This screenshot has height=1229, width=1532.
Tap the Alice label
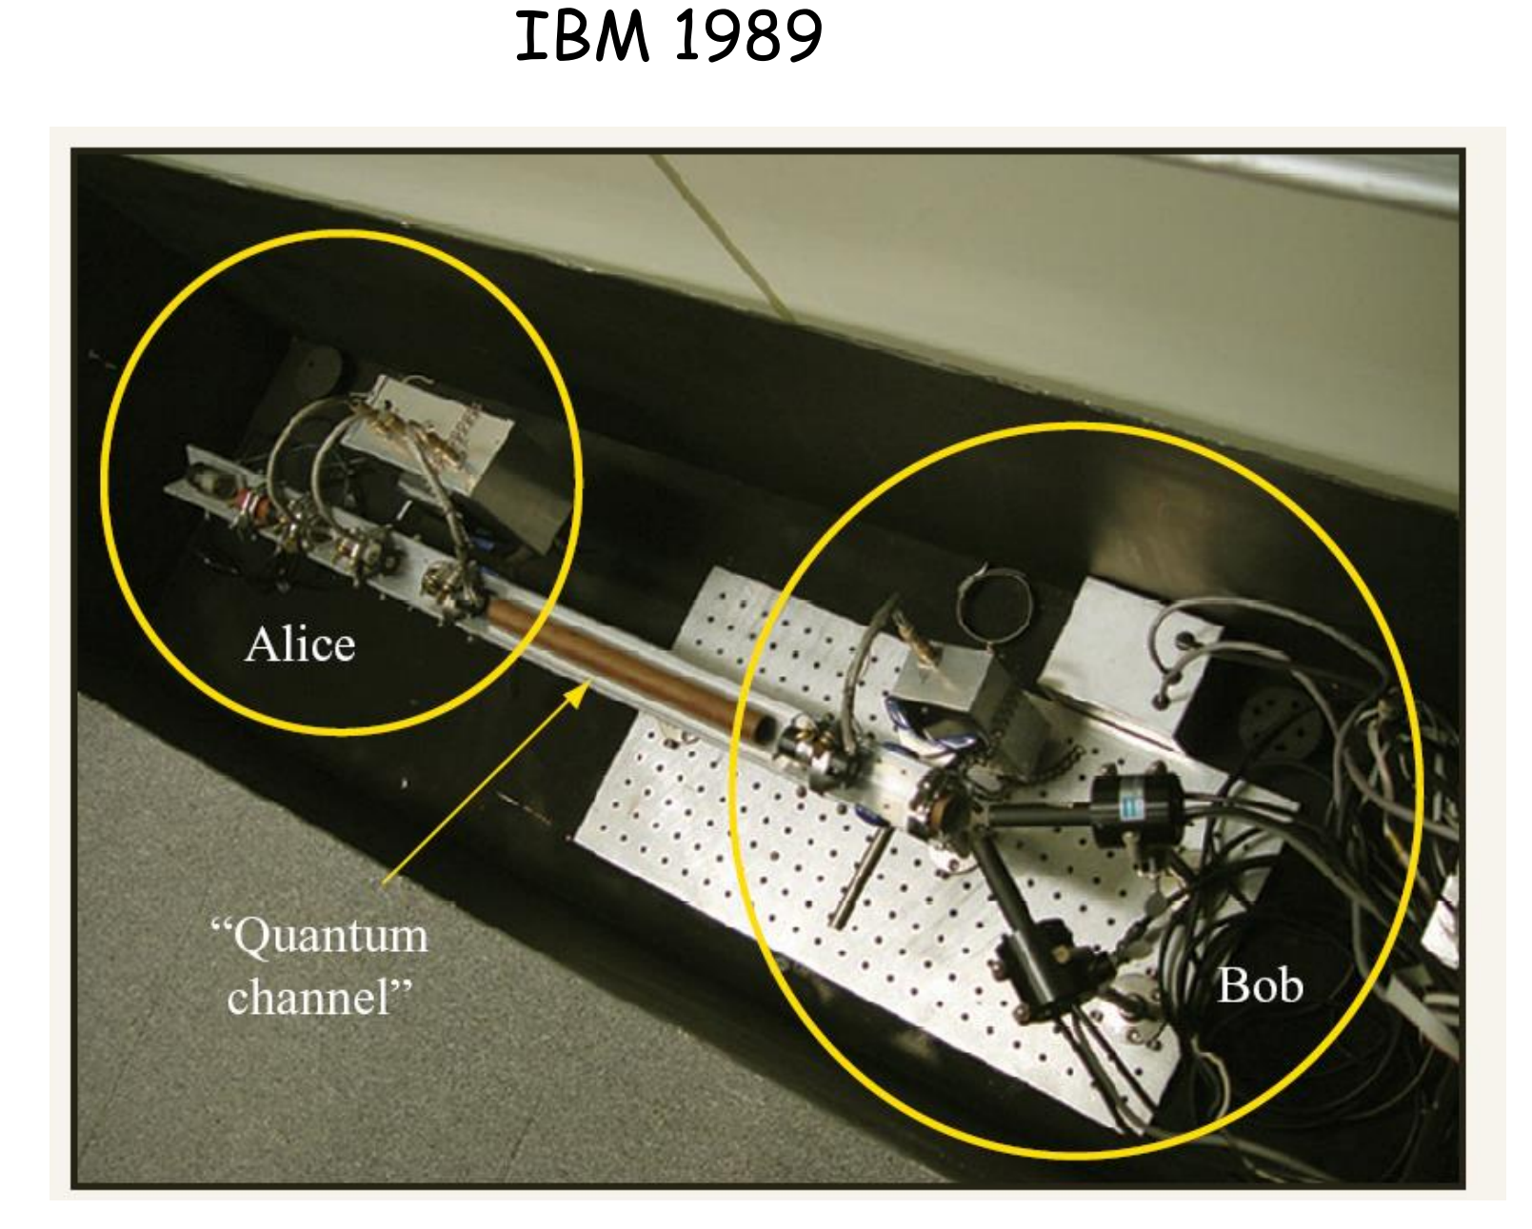click(x=300, y=644)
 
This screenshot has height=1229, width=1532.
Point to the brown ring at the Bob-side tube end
click(x=944, y=812)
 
